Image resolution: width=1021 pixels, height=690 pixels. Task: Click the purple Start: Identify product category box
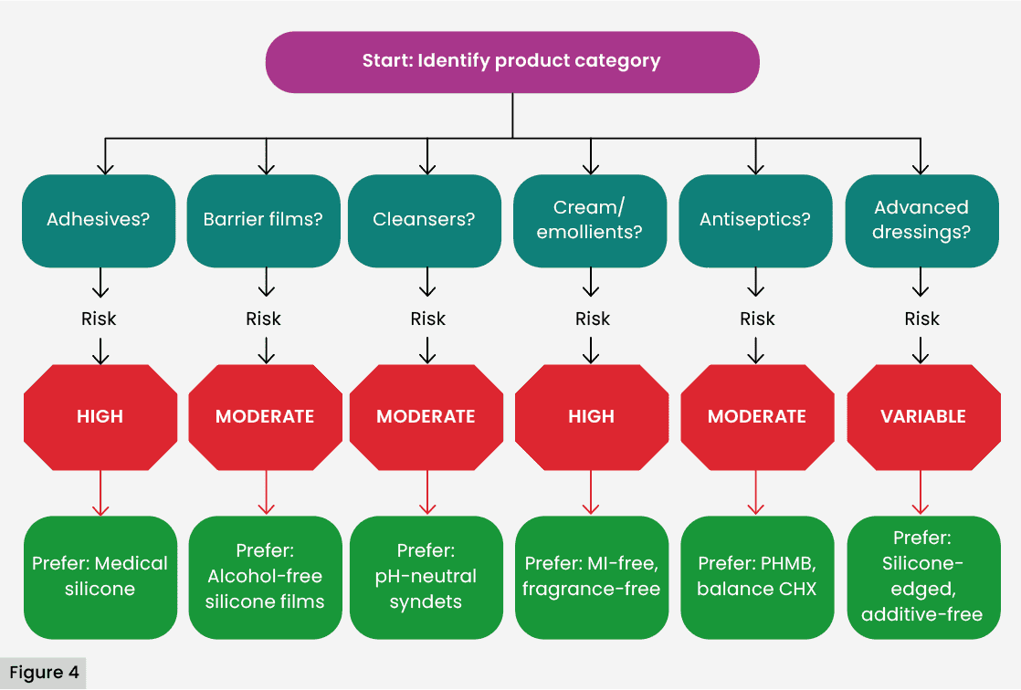pyautogui.click(x=511, y=62)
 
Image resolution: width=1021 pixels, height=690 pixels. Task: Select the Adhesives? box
pyautogui.click(x=100, y=220)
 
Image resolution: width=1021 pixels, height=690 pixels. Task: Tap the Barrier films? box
pyautogui.click(x=264, y=220)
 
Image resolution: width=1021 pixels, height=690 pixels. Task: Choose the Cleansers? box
pyautogui.click(x=425, y=220)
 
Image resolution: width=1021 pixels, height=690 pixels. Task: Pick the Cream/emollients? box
pyautogui.click(x=590, y=220)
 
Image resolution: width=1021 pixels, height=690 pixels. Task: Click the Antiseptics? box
pyautogui.click(x=755, y=220)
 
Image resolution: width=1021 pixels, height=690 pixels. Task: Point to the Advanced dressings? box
pyautogui.click(x=921, y=220)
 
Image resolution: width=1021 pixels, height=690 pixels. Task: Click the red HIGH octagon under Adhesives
pyautogui.click(x=100, y=416)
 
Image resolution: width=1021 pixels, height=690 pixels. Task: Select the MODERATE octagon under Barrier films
pyautogui.click(x=265, y=416)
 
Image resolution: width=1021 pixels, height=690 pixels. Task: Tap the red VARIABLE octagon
pyautogui.click(x=922, y=416)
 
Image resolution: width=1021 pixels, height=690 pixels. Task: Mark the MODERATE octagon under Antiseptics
pyautogui.click(x=756, y=416)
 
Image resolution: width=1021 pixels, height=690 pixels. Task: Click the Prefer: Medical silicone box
pyautogui.click(x=100, y=576)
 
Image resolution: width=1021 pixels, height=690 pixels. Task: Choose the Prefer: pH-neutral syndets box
pyautogui.click(x=426, y=576)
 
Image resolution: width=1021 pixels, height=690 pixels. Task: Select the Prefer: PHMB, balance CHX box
pyautogui.click(x=756, y=576)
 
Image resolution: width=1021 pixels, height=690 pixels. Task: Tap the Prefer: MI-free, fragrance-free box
pyautogui.click(x=591, y=576)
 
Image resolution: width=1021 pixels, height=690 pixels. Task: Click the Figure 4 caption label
pyautogui.click(x=44, y=674)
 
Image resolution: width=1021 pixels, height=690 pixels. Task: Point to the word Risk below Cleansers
pyautogui.click(x=427, y=319)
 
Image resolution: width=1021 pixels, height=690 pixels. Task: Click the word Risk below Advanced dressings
pyautogui.click(x=921, y=319)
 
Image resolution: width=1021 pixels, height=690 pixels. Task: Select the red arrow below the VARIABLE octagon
pyautogui.click(x=921, y=493)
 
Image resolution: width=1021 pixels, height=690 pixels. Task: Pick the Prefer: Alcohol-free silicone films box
pyautogui.click(x=265, y=576)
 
